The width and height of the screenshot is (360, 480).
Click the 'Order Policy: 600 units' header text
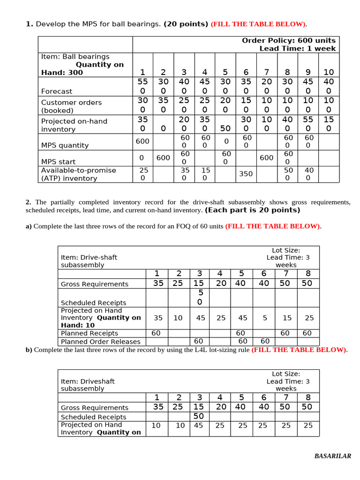point(289,41)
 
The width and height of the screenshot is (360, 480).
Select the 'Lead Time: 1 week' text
point(297,49)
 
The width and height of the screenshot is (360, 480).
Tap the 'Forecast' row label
point(57,91)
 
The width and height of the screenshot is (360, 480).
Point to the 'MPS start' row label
point(58,162)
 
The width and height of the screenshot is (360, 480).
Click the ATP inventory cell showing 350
point(246,174)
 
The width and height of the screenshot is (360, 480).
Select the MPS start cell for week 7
point(267,158)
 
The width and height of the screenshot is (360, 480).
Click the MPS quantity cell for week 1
point(142,141)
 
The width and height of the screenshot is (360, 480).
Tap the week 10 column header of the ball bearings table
point(329,72)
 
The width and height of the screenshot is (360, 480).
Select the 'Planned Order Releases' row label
point(94,342)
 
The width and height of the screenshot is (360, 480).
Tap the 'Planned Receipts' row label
point(90,333)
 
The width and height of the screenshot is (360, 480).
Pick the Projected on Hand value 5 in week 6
point(265,318)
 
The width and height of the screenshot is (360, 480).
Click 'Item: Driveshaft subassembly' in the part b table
point(88,385)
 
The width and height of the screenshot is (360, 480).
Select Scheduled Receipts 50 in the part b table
point(199,416)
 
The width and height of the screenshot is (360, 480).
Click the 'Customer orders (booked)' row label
point(71,106)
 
